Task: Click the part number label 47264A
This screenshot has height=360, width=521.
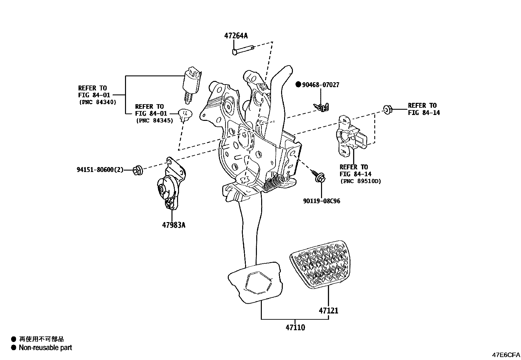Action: tap(236, 36)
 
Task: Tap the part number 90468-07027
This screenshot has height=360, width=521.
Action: tap(320, 85)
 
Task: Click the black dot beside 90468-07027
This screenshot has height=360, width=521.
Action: tap(298, 85)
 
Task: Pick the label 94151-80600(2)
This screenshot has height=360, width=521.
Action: tap(100, 170)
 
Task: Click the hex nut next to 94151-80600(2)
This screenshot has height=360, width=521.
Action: tap(138, 170)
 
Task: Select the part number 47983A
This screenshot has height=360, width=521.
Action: tap(173, 225)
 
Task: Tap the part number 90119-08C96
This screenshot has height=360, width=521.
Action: tap(321, 201)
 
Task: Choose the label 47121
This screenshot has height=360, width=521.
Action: tap(329, 310)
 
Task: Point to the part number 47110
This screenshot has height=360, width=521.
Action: tap(295, 327)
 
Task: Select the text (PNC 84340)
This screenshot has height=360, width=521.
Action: tap(98, 102)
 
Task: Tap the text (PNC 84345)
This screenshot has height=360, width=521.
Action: tap(154, 121)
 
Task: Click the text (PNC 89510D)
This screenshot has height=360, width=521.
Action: tap(360, 181)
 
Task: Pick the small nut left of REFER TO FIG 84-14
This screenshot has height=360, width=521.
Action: tap(386, 109)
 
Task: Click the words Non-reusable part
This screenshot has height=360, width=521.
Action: tap(45, 348)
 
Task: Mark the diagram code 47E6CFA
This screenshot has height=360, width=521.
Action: tap(506, 355)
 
